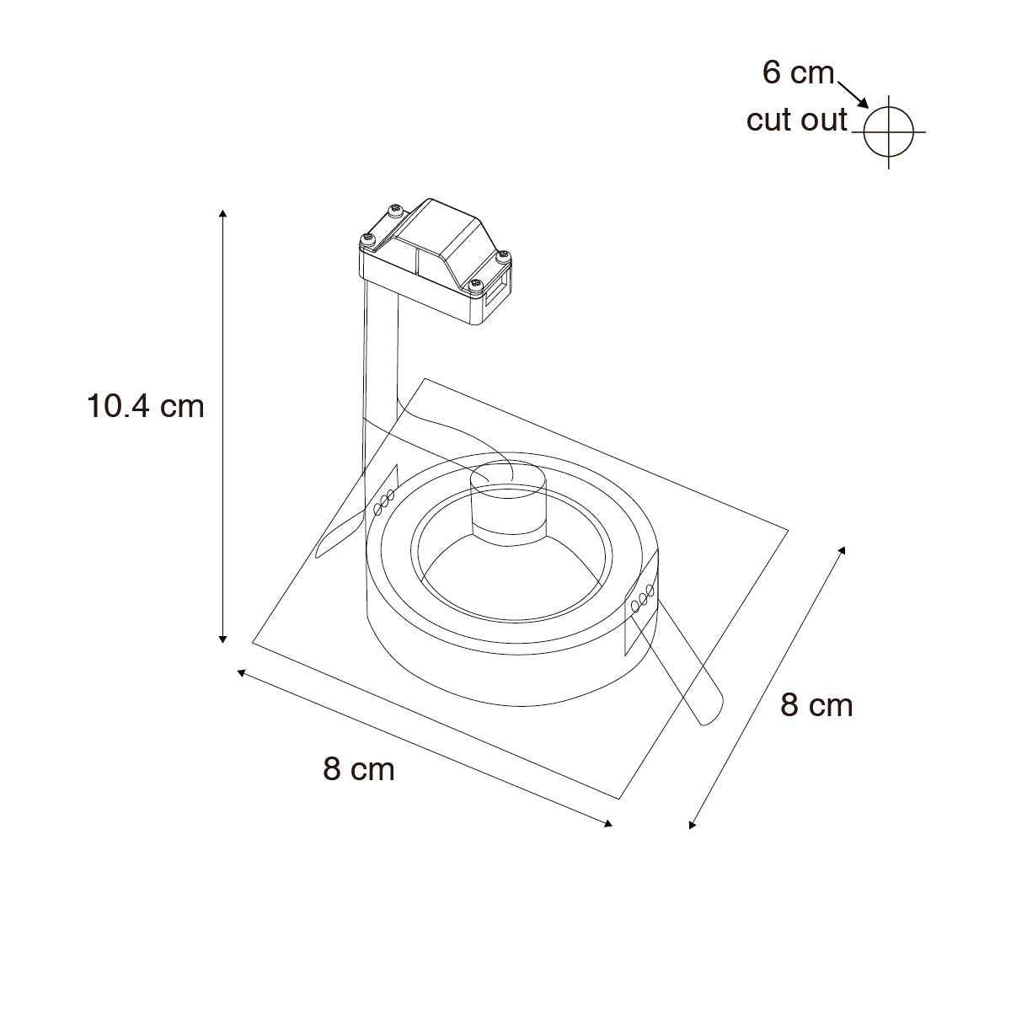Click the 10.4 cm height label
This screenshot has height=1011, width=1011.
(x=145, y=407)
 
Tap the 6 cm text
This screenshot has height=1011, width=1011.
(x=798, y=72)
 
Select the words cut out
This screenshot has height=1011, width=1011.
(x=796, y=120)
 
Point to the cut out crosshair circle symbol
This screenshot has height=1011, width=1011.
(x=888, y=131)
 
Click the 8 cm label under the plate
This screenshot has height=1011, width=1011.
(x=359, y=770)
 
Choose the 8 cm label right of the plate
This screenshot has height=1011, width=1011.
(x=816, y=705)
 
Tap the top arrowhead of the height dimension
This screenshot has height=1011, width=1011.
(x=222, y=213)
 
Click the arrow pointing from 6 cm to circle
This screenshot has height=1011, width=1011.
(x=853, y=95)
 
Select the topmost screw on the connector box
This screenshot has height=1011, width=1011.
(x=394, y=211)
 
